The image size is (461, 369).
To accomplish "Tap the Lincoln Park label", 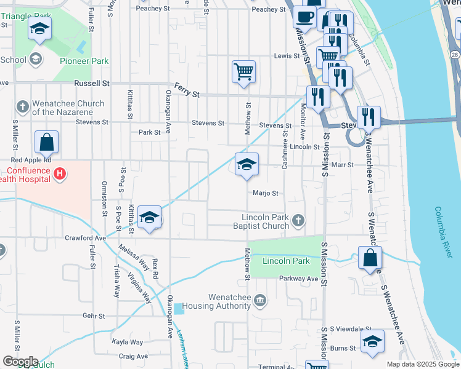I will click(x=285, y=261).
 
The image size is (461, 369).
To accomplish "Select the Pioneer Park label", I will click(x=84, y=61).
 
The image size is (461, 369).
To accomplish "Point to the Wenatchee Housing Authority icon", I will click(x=260, y=300).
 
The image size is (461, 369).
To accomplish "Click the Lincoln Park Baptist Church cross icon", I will click(x=298, y=220).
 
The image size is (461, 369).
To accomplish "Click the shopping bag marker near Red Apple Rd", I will click(x=47, y=143).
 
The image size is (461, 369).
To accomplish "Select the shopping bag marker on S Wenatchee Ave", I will click(x=370, y=258).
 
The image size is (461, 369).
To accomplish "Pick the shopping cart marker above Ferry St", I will click(x=244, y=71).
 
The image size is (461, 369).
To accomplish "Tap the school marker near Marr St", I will click(x=247, y=165).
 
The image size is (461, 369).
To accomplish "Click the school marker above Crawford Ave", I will click(x=149, y=217).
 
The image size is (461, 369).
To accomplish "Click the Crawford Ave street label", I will click(x=86, y=237).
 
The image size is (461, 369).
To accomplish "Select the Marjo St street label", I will click(x=265, y=193).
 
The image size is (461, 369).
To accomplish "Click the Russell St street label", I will click(x=91, y=82).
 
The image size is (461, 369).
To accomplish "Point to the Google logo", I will click(x=20, y=362).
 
